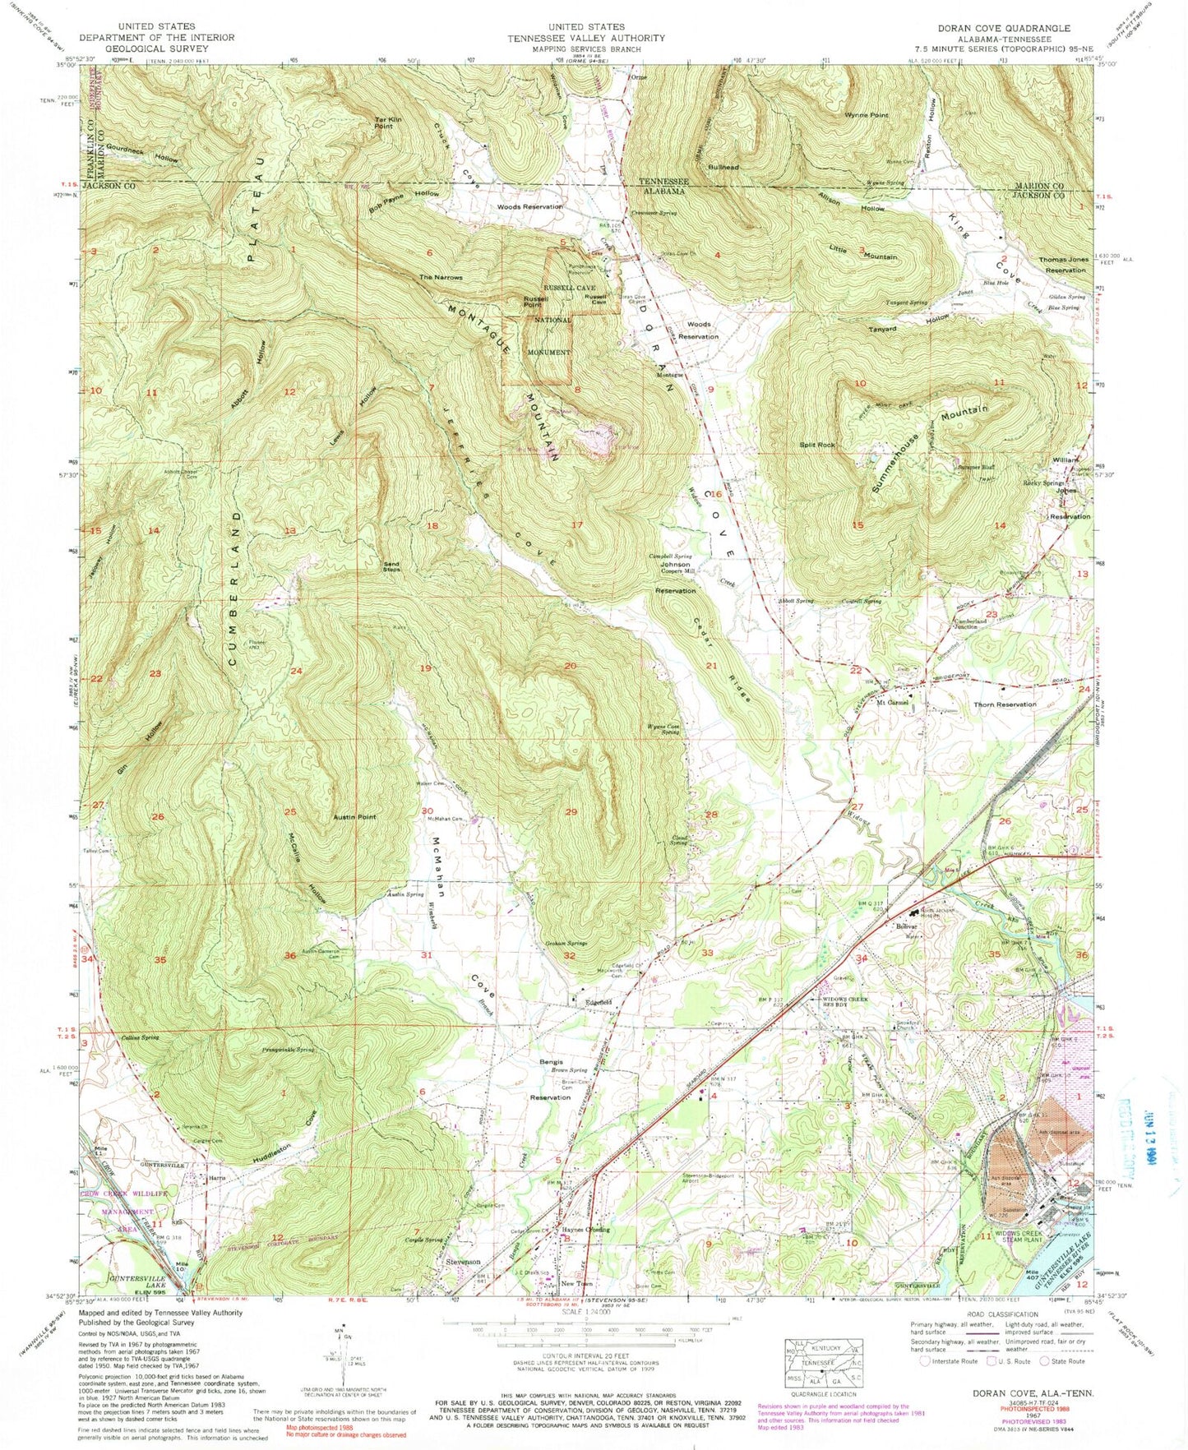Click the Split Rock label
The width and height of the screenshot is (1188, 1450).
click(x=817, y=445)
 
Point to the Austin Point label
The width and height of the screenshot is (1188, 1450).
click(x=354, y=817)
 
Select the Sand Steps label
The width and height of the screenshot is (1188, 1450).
click(x=391, y=566)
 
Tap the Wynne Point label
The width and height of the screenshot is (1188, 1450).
click(x=866, y=115)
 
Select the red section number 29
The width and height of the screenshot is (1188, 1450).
click(x=571, y=812)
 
